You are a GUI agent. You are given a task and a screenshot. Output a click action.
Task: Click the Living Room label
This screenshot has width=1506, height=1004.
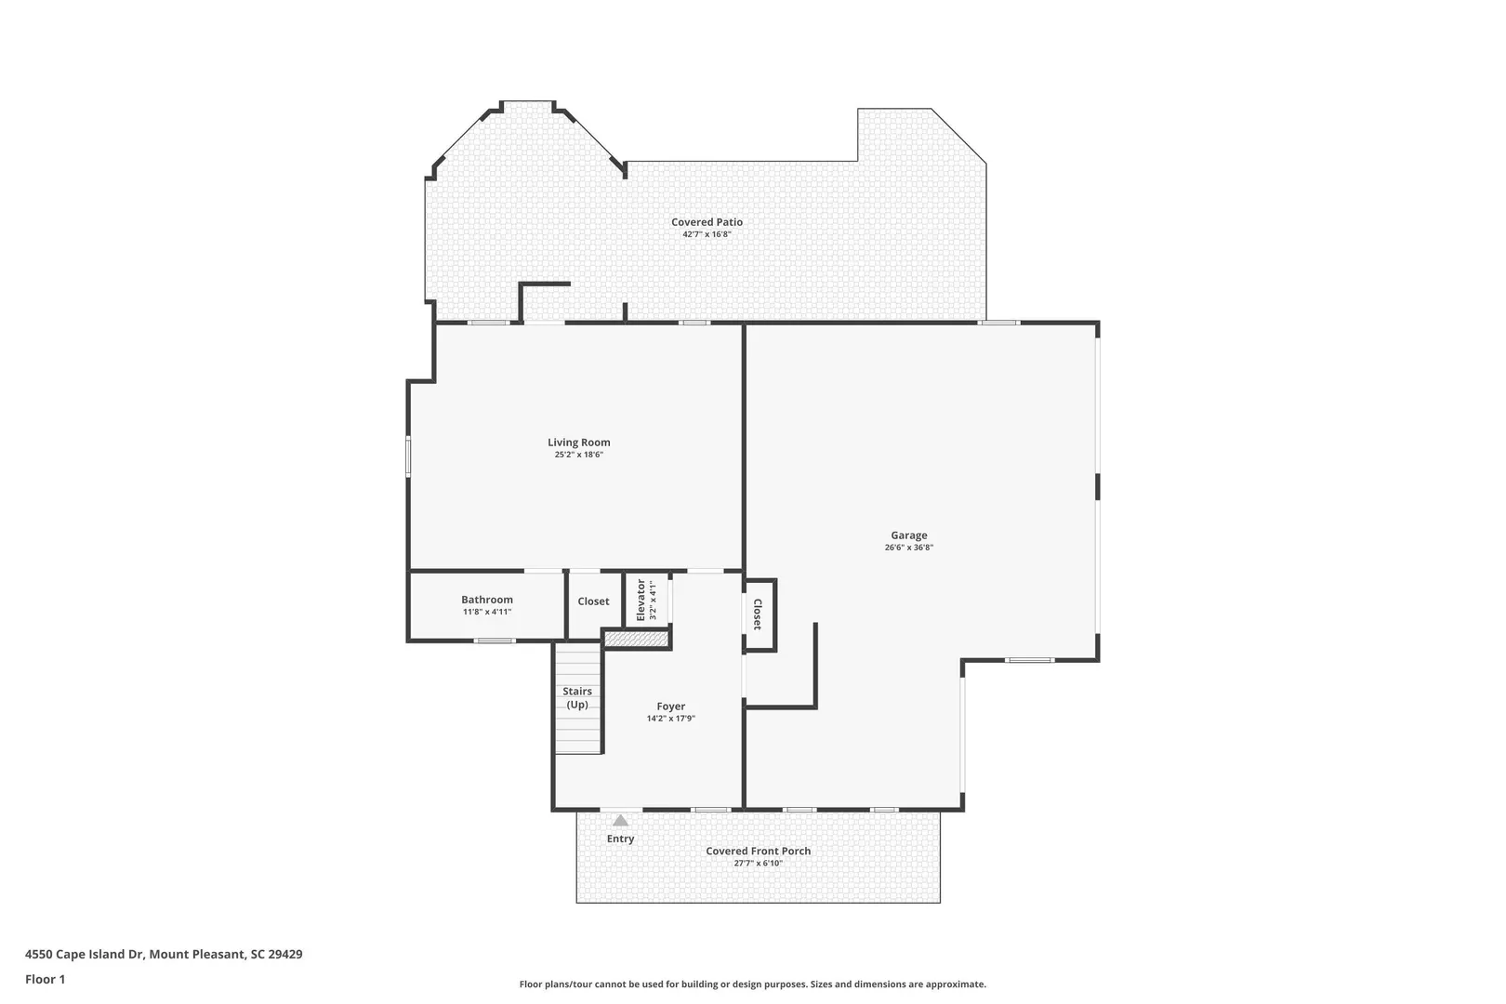(x=579, y=443)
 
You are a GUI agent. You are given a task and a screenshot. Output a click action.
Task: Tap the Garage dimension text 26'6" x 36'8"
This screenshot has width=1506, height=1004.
(x=909, y=548)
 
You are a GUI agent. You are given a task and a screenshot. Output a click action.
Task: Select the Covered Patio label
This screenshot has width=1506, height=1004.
(x=707, y=222)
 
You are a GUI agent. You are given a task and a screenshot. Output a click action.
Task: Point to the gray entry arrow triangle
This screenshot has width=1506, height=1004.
(x=621, y=821)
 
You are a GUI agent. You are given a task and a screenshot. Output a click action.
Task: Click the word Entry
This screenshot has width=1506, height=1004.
(x=621, y=839)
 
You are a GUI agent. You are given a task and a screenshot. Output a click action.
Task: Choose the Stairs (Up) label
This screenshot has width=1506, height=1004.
(x=577, y=698)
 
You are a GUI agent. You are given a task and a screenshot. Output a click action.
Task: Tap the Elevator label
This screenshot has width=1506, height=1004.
(x=641, y=601)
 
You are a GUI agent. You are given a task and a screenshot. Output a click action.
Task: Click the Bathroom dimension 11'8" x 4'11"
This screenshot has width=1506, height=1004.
(x=487, y=612)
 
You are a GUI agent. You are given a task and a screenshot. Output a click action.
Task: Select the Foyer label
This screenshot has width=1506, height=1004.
(x=671, y=707)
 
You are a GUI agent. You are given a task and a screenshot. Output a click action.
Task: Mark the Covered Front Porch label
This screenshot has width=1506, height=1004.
(x=759, y=851)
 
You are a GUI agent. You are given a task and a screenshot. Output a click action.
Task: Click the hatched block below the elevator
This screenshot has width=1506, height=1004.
(x=637, y=639)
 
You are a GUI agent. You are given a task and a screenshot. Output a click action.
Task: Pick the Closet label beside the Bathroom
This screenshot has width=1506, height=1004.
(x=594, y=601)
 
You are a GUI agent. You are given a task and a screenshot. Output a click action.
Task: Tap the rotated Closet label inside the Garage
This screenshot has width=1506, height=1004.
(x=758, y=614)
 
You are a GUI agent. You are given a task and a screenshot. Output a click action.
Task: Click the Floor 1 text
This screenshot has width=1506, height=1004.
(x=45, y=979)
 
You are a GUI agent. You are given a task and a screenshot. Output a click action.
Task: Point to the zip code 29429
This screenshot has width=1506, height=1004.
(x=285, y=954)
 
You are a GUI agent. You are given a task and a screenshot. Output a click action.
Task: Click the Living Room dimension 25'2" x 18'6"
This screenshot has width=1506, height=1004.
(x=579, y=455)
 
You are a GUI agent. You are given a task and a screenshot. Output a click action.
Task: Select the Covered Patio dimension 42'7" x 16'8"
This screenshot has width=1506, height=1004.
(x=707, y=234)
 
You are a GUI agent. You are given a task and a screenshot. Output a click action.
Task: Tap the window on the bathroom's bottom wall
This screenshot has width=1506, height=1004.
(x=495, y=641)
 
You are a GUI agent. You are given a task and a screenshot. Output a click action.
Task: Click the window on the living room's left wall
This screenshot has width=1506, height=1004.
(x=408, y=457)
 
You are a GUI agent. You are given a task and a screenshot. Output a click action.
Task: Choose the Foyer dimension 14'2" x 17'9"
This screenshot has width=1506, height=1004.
(x=671, y=719)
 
